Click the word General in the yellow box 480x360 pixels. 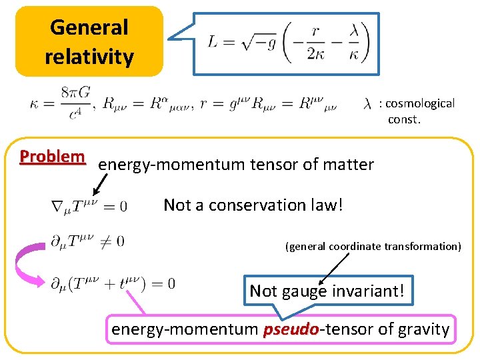[89, 27]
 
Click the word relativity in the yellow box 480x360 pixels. [89, 57]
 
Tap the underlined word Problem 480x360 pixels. [53, 157]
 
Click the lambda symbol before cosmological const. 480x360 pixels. [367, 105]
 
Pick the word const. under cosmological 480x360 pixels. [405, 120]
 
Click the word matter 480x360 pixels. [349, 164]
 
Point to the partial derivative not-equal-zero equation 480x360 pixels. [87, 241]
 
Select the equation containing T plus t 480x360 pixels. [113, 283]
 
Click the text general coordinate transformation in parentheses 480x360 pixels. [373, 246]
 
